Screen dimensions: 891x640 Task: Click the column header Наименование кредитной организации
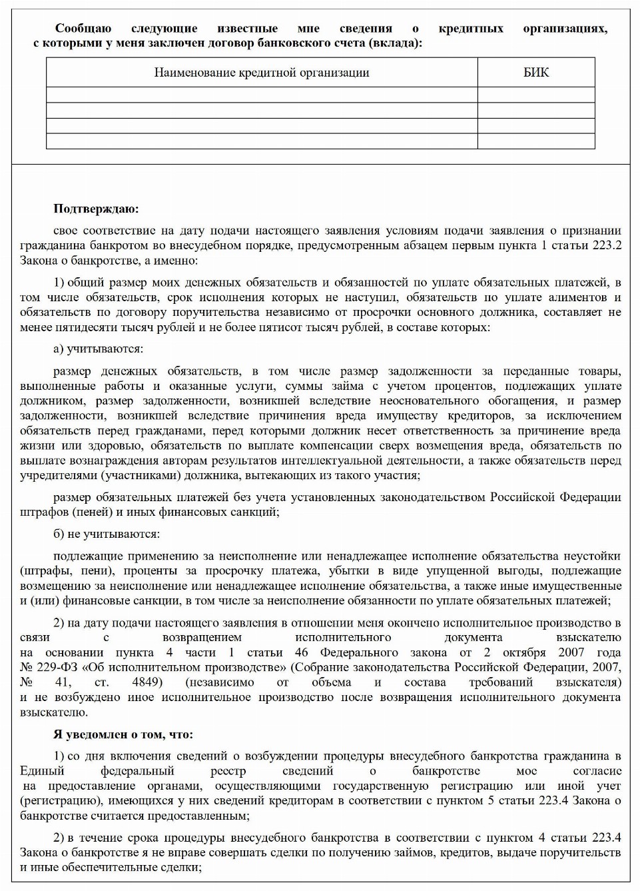click(261, 73)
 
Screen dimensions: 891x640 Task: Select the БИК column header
click(536, 73)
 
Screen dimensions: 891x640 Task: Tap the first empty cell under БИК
click(536, 95)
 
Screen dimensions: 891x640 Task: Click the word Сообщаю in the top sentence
click(83, 29)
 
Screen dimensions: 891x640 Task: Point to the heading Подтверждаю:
click(96, 209)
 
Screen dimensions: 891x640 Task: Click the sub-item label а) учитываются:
click(98, 349)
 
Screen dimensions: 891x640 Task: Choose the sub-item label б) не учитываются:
click(107, 534)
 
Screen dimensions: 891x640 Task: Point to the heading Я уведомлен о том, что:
click(123, 734)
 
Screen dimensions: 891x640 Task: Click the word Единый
click(42, 770)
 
